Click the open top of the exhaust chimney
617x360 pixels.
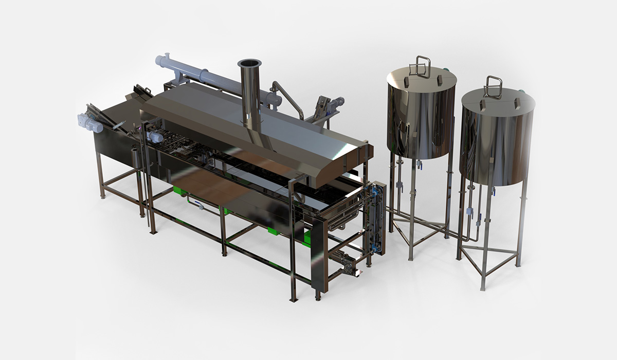pyautogui.click(x=249, y=63)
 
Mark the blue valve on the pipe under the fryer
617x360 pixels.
pyautogui.click(x=201, y=206)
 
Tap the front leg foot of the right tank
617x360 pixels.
pyautogui.click(x=482, y=287)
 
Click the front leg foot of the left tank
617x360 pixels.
pyautogui.click(x=410, y=258)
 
